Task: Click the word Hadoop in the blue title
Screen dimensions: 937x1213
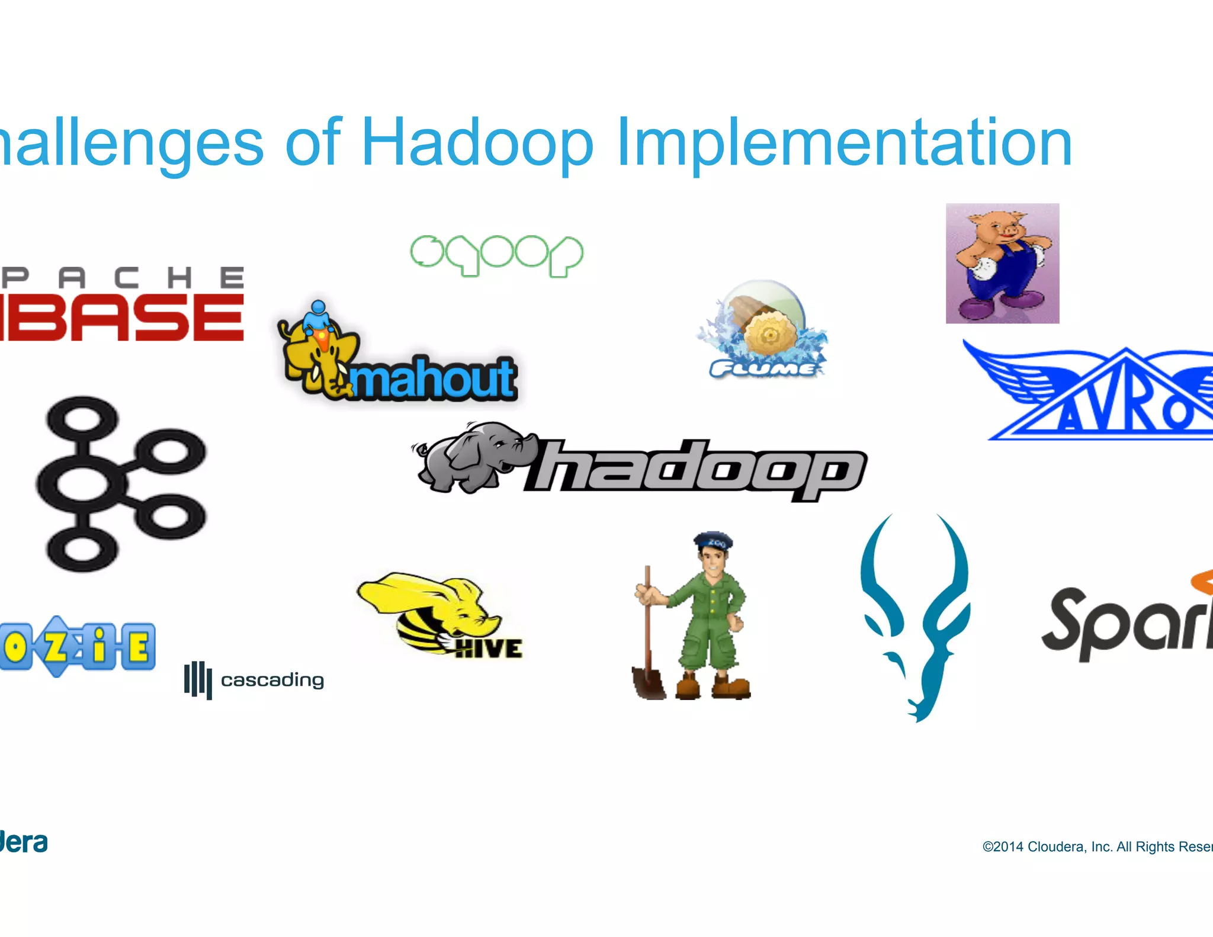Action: pos(477,142)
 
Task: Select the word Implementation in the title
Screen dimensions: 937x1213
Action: pos(844,142)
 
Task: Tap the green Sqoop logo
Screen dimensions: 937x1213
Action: pos(496,255)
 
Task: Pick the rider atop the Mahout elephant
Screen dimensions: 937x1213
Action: pos(317,317)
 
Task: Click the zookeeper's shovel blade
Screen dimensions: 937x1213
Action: pos(649,681)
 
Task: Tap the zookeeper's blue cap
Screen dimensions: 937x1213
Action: pos(713,540)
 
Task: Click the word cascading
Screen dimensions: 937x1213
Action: pos(272,680)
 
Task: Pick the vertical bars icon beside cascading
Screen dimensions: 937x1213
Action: pos(198,680)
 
